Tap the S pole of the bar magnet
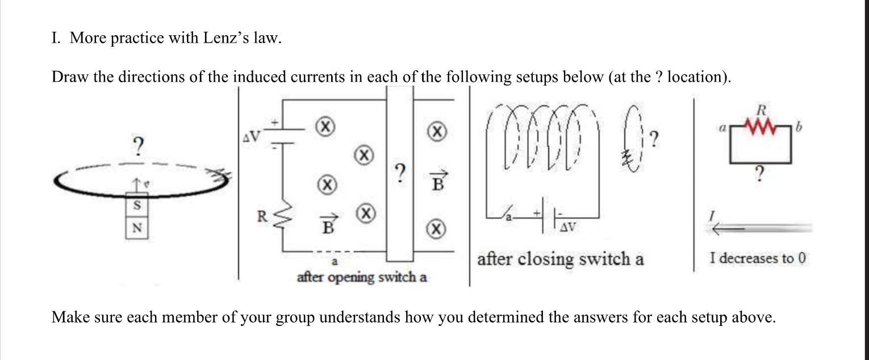pos(137,204)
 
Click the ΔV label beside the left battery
pos(251,136)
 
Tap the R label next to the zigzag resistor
pos(262,216)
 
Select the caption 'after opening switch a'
pos(362,278)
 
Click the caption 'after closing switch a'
pos(560,259)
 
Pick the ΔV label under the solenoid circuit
pos(568,228)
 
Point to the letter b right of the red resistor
pos(799,130)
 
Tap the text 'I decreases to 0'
pos(758,259)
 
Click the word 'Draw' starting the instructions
pos(70,77)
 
